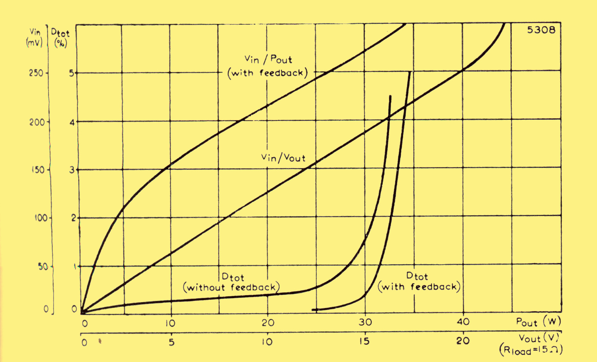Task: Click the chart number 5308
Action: point(541,30)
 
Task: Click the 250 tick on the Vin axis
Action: point(36,73)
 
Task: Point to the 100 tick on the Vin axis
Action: point(41,218)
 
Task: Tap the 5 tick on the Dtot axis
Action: point(72,73)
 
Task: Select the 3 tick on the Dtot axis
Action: point(72,170)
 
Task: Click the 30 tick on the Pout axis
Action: point(365,322)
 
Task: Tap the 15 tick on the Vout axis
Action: point(364,341)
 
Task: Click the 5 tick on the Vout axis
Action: point(172,342)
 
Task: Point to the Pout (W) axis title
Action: point(538,322)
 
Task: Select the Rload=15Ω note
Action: point(531,350)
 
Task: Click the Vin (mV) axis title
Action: point(34,37)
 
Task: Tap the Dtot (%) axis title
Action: point(61,37)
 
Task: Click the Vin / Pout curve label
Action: point(268,59)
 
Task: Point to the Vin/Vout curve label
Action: point(283,158)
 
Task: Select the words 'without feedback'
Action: point(231,288)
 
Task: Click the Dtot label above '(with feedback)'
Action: point(417,276)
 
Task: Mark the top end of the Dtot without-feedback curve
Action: point(390,96)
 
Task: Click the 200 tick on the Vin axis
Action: point(37,122)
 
